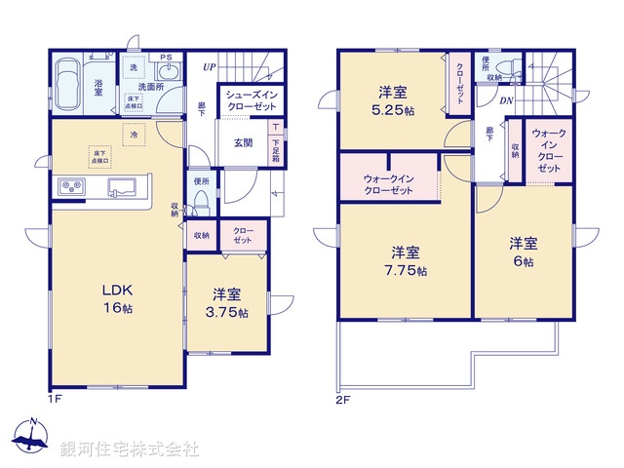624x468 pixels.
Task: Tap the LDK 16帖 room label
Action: pos(117,298)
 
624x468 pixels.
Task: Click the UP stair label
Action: pos(210,66)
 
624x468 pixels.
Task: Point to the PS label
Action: pos(166,58)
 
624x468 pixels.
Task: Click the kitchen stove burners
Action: pos(71,185)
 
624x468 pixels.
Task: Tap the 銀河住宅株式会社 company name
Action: pos(130,449)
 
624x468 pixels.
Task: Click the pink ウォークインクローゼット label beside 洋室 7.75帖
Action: pos(387,184)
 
